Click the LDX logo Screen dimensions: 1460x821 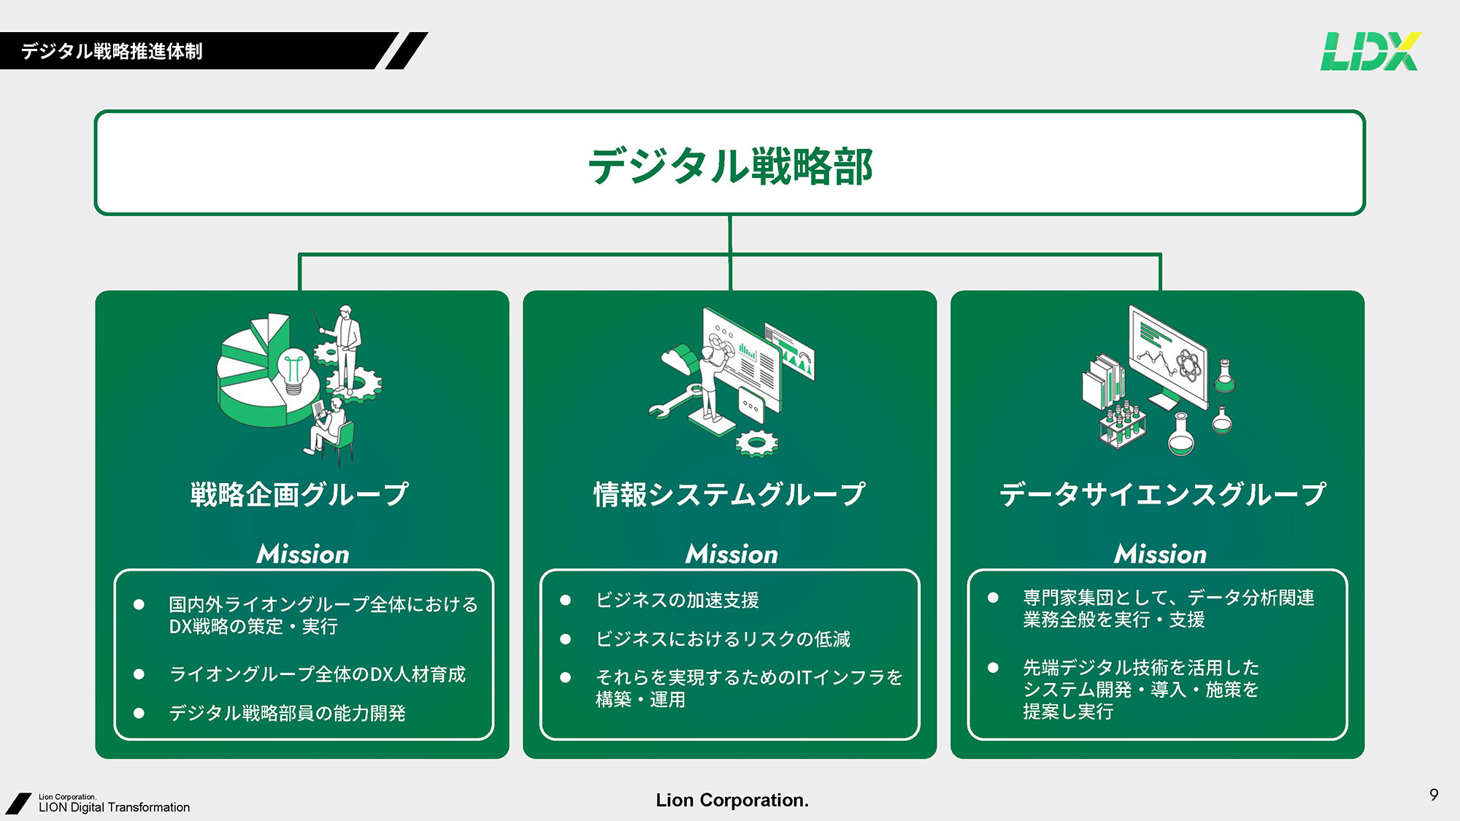tap(1370, 51)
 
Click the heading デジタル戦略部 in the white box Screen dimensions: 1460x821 tap(730, 166)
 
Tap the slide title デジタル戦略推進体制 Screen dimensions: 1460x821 tap(112, 51)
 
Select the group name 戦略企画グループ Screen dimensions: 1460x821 tap(299, 494)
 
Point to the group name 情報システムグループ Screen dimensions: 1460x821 tap(729, 494)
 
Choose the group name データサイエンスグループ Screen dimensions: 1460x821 tap(1162, 494)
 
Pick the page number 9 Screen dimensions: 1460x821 tap(1434, 795)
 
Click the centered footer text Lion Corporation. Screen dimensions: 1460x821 tap(732, 800)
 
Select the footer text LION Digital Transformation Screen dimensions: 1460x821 tap(114, 807)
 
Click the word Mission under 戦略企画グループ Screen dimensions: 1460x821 tap(303, 554)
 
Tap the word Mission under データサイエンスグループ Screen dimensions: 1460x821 tap(1161, 554)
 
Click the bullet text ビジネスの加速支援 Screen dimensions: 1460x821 tap(677, 600)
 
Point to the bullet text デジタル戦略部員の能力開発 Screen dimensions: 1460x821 tap(287, 713)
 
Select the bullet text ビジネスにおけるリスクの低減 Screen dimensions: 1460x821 tap(723, 639)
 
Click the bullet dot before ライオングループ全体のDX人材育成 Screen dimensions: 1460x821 tap(139, 674)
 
